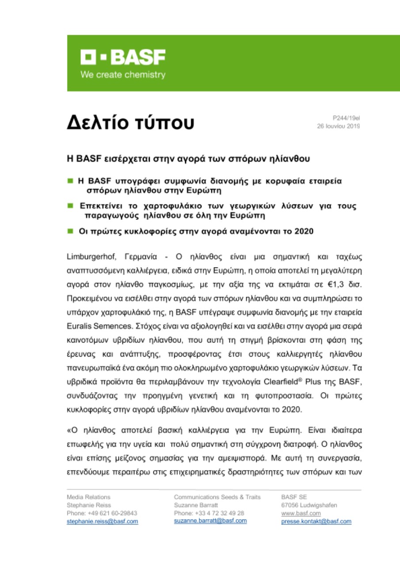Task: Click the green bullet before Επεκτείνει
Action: pyautogui.click(x=70, y=206)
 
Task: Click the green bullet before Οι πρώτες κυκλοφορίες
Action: pyautogui.click(x=70, y=231)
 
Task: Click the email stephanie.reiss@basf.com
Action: pyautogui.click(x=102, y=521)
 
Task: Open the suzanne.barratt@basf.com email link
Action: pyautogui.click(x=210, y=521)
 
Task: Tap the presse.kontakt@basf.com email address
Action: pyautogui.click(x=316, y=521)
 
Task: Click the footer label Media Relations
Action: pyautogui.click(x=88, y=497)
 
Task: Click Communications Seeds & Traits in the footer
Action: pyautogui.click(x=217, y=497)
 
